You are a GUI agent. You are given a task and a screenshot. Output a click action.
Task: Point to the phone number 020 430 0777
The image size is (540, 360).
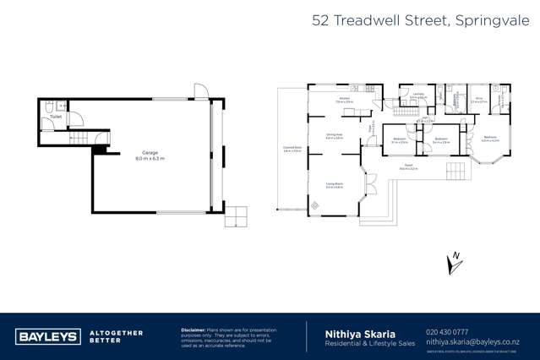[446, 332]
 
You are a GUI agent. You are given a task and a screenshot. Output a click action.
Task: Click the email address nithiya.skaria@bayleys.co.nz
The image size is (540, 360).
[472, 341]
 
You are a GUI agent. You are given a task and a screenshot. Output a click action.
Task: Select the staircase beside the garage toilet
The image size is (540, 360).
[80, 137]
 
